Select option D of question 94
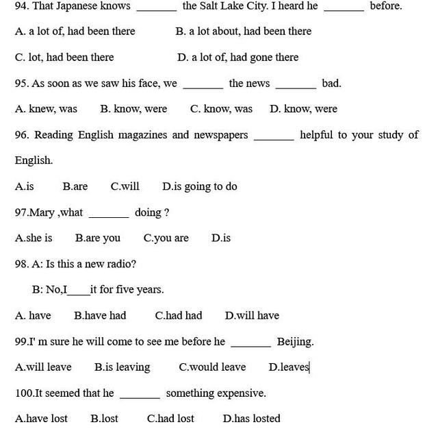click(x=237, y=57)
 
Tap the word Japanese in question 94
click(x=92, y=6)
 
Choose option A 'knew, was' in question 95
click(x=46, y=108)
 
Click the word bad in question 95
click(x=331, y=83)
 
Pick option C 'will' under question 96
click(x=125, y=186)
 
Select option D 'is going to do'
click(x=199, y=186)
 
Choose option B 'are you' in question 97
click(x=97, y=238)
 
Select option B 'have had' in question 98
click(x=100, y=315)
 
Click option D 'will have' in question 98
click(x=252, y=315)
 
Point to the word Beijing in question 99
click(x=295, y=341)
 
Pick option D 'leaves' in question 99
click(x=289, y=367)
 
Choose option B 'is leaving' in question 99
click(x=122, y=367)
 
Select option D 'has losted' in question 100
click(x=251, y=418)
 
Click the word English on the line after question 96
click(x=34, y=160)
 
